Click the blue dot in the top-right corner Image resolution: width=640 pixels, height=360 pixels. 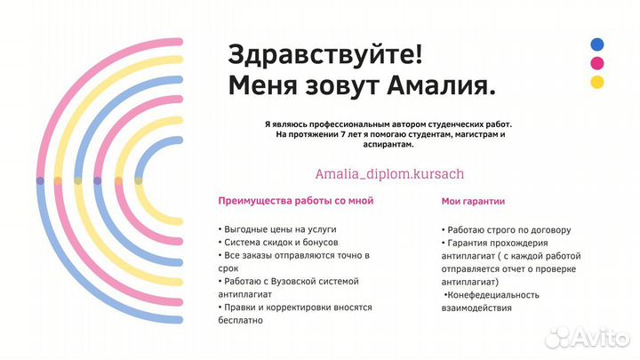(x=597, y=44)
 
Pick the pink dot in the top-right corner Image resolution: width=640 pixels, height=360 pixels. (x=597, y=63)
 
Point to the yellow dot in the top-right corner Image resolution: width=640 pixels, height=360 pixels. (x=597, y=83)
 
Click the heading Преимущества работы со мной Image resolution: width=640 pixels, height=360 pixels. (x=295, y=201)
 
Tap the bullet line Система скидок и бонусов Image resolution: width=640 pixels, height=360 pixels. (x=282, y=242)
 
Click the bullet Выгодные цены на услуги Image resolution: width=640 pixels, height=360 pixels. (x=276, y=228)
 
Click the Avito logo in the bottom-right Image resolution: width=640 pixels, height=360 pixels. (x=590, y=335)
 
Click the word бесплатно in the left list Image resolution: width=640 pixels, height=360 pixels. (x=244, y=320)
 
